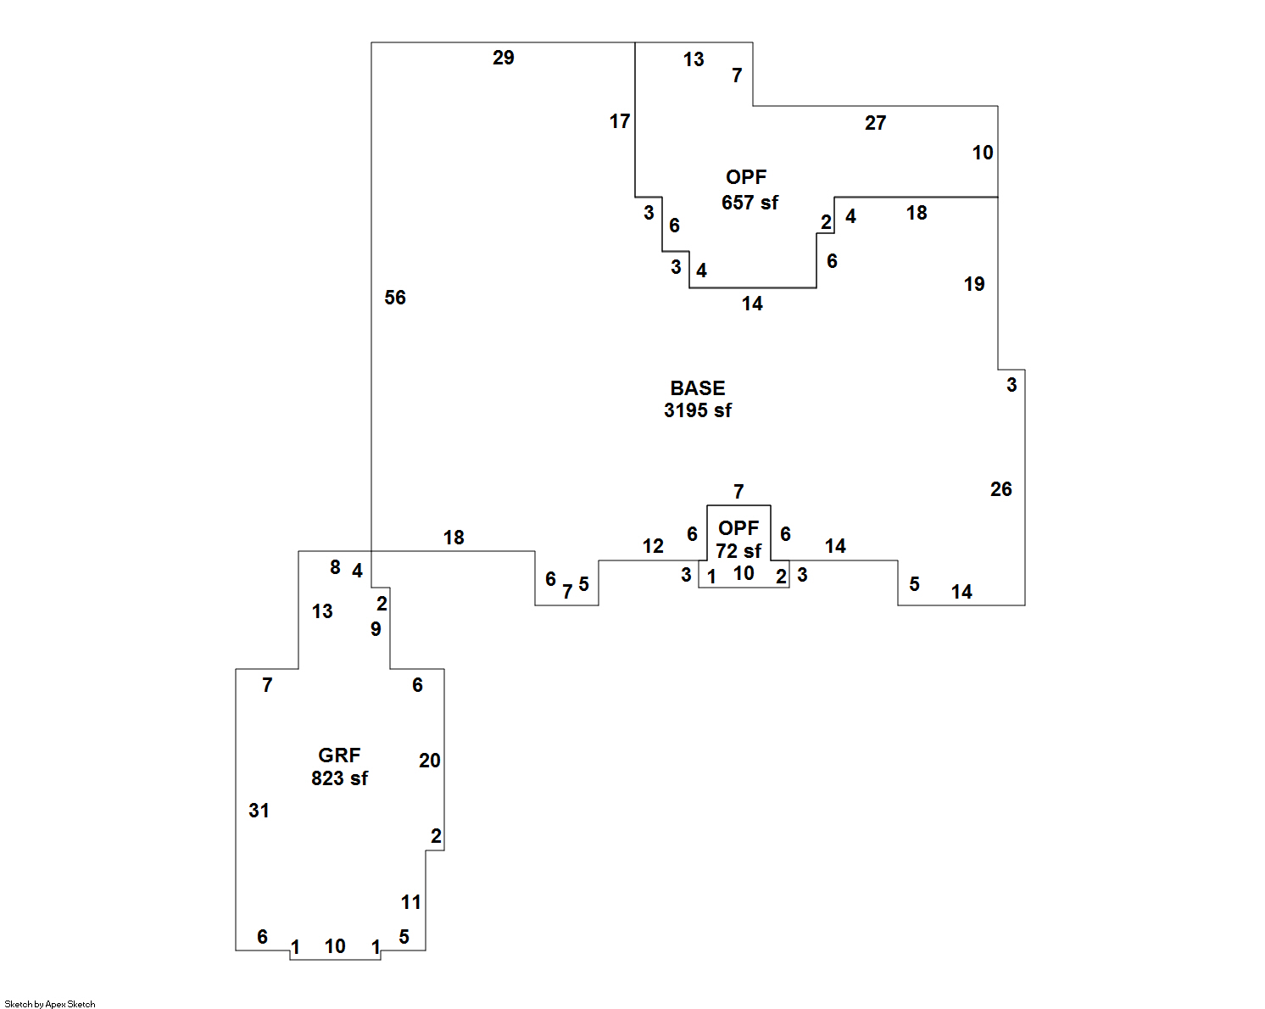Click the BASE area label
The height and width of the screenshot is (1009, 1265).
tap(697, 388)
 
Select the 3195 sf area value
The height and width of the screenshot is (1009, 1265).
tap(697, 410)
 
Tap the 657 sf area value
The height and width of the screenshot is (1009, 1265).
tap(750, 203)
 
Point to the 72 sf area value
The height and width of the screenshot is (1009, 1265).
tap(738, 551)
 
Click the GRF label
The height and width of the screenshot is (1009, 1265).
tap(339, 755)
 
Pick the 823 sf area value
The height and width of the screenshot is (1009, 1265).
tap(339, 778)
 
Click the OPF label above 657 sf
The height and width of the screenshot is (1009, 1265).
tap(746, 177)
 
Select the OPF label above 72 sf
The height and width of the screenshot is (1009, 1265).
tap(738, 528)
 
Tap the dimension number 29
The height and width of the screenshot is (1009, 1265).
tap(503, 58)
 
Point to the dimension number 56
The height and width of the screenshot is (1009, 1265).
tap(395, 298)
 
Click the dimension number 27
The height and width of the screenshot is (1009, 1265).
tap(875, 123)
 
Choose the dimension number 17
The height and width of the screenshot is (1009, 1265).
tap(620, 121)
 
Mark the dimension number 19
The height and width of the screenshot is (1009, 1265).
tap(974, 284)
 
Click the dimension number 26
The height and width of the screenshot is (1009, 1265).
tap(1000, 489)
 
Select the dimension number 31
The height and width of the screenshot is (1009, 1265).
tap(259, 811)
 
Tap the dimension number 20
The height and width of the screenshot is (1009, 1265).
tap(429, 761)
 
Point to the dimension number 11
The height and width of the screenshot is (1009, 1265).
tap(411, 902)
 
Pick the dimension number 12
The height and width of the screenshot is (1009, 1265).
tap(653, 546)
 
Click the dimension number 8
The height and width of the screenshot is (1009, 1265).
tap(335, 567)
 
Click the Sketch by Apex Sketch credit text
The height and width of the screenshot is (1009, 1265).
tap(50, 1004)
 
